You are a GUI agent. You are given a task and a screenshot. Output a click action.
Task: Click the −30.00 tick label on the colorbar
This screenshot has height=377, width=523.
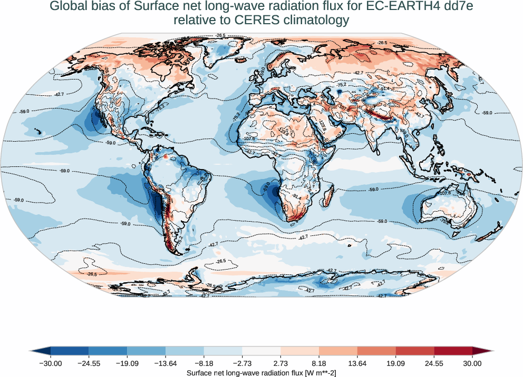click(51, 363)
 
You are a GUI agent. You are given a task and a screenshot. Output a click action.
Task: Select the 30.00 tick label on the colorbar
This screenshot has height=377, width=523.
click(472, 363)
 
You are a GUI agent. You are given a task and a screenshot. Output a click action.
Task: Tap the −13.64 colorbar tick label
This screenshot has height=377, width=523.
click(166, 363)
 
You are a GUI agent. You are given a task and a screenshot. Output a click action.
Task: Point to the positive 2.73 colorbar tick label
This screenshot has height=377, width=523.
click(280, 363)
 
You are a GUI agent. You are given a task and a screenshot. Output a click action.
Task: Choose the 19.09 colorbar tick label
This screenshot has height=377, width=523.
click(395, 363)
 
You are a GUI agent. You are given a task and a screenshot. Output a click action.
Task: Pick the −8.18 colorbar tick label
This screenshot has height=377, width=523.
click(204, 363)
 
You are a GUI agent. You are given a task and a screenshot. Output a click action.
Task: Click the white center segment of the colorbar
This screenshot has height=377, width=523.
click(261, 351)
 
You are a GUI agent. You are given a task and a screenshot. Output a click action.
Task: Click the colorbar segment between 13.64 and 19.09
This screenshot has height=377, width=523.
click(376, 351)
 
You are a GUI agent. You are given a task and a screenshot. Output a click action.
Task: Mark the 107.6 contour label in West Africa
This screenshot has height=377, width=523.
click(249, 138)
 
